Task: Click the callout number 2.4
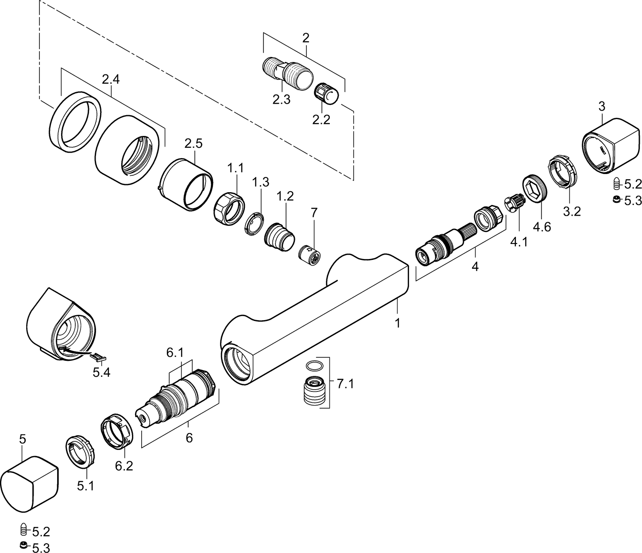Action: (x=111, y=80)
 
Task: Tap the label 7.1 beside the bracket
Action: (x=345, y=384)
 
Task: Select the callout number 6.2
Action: (x=124, y=466)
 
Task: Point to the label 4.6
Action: (x=541, y=227)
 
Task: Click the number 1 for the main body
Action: (x=397, y=323)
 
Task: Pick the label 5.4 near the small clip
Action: (x=101, y=372)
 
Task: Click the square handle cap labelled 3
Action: (x=610, y=144)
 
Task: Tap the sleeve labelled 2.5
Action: (x=186, y=184)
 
